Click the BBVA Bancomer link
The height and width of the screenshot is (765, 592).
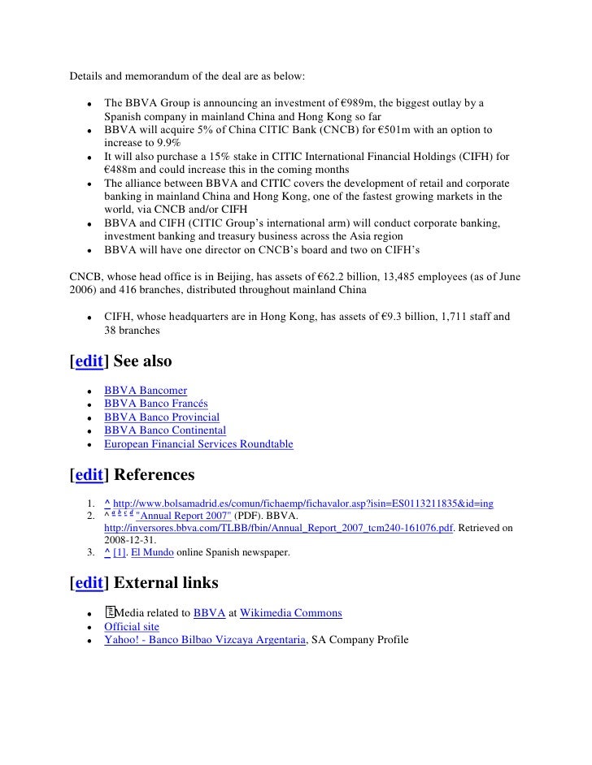[145, 391]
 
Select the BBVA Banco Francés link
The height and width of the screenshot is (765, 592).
[155, 404]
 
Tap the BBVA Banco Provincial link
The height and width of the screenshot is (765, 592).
[161, 417]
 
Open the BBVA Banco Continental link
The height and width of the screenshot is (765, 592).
[164, 430]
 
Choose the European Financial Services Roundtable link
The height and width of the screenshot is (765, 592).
[198, 444]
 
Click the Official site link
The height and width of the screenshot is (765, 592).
[132, 626]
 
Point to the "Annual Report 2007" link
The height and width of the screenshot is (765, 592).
[182, 516]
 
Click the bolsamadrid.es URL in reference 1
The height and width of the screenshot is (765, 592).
[303, 504]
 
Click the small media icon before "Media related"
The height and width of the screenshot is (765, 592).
[110, 612]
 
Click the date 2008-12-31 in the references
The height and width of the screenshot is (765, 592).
[132, 541]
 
